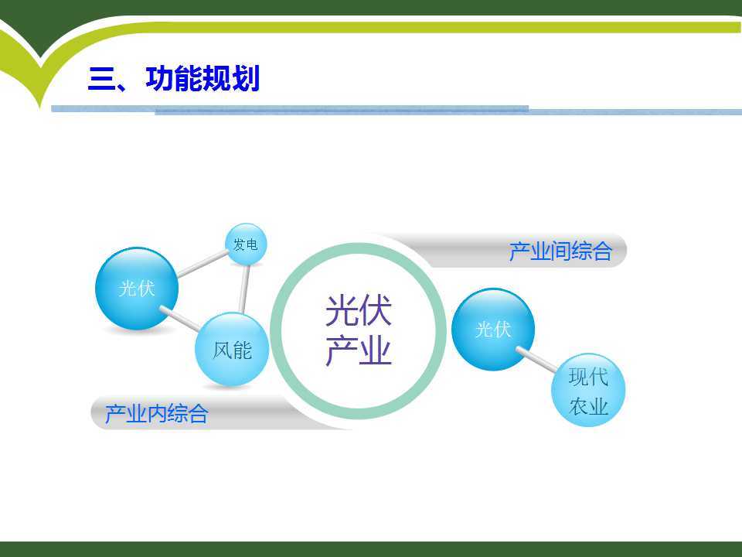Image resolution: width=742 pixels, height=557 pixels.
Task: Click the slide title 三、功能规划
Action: [174, 78]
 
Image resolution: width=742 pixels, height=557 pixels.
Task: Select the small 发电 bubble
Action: [246, 244]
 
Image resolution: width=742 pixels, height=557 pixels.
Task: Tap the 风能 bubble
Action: [232, 349]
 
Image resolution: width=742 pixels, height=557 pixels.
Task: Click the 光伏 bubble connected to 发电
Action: [137, 288]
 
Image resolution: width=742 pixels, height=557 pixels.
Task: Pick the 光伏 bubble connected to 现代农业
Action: [493, 330]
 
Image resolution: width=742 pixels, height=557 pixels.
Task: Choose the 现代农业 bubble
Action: [588, 390]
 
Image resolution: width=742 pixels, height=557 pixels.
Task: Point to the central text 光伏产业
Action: [358, 330]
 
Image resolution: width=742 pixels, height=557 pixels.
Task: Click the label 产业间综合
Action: [561, 251]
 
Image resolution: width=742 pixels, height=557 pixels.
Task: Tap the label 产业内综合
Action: [157, 413]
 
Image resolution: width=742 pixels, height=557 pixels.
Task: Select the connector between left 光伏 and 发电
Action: [203, 263]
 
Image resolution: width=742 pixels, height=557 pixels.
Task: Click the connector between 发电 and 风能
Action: [244, 289]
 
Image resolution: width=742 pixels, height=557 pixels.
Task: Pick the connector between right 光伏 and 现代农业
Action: [536, 358]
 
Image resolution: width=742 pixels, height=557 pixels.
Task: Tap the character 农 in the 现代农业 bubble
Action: [578, 406]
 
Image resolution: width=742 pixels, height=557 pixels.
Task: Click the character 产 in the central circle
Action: [342, 350]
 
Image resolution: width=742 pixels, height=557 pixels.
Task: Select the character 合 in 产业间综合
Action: [602, 251]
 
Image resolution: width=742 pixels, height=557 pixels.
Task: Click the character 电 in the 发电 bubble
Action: [252, 244]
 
